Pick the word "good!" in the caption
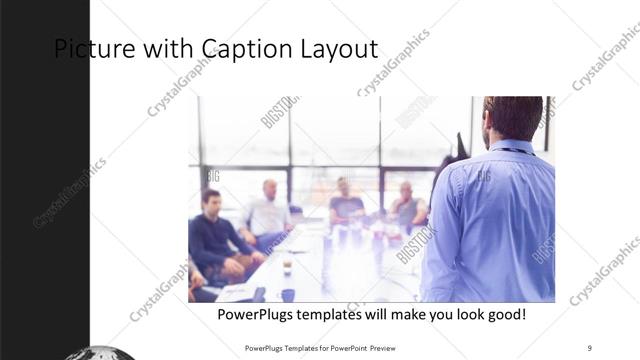pos(502,315)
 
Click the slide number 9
pos(590,347)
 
